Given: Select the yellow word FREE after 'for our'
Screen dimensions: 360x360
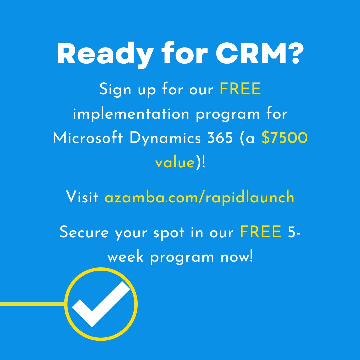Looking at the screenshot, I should click(x=240, y=90).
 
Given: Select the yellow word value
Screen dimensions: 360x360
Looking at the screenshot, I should click(x=175, y=163).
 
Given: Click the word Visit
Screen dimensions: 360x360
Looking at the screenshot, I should click(x=82, y=197).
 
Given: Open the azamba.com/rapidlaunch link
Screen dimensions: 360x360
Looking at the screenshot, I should click(x=199, y=197).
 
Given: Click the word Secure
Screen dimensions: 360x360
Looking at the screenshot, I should click(x=84, y=232).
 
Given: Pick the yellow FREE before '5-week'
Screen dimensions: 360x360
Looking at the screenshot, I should click(x=261, y=232).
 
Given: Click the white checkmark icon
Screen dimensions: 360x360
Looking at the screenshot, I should click(x=100, y=303).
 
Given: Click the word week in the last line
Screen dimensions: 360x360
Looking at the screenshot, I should click(x=127, y=257).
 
